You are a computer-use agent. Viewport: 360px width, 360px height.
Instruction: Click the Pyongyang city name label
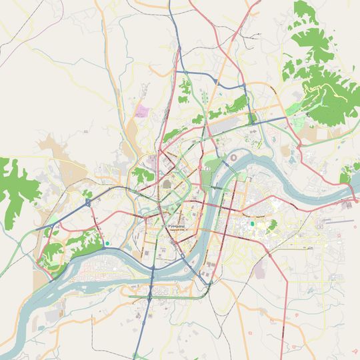click(176, 226)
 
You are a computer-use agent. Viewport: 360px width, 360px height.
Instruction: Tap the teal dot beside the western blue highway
click(107, 243)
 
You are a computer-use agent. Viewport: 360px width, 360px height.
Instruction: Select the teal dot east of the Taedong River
click(252, 224)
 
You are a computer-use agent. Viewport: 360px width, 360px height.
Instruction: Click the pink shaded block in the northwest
click(142, 111)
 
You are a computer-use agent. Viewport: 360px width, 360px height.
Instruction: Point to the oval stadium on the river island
click(233, 158)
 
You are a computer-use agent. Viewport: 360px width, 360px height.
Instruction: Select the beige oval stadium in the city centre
click(166, 183)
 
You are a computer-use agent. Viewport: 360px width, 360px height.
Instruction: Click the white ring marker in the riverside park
click(206, 171)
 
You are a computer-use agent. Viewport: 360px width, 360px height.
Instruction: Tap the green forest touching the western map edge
click(15, 190)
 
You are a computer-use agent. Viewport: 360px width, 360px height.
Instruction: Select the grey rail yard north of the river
click(230, 123)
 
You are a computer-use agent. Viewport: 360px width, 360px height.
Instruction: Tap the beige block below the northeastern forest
click(310, 133)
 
